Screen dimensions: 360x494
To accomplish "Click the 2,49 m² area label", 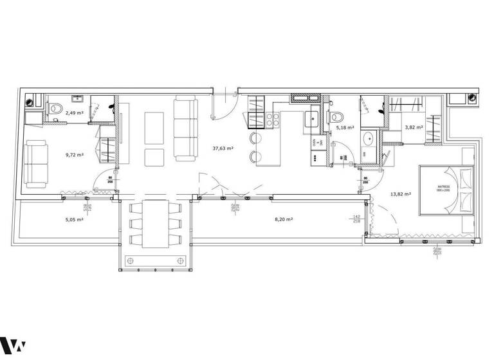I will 75,113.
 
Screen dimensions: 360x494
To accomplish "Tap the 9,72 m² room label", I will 75,154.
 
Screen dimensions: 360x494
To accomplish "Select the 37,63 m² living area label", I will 223,148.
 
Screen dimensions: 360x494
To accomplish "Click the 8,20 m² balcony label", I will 284,219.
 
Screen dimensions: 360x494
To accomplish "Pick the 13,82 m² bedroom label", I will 401,193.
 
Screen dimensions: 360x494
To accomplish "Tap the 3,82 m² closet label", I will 413,127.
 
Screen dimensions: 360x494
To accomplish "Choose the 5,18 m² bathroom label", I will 345,128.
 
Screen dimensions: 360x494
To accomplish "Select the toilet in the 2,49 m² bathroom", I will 56,113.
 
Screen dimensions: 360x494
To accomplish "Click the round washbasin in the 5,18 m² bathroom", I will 370,139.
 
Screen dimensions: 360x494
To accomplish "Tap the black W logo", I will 13,346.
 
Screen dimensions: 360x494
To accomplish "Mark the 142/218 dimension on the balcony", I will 356,220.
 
